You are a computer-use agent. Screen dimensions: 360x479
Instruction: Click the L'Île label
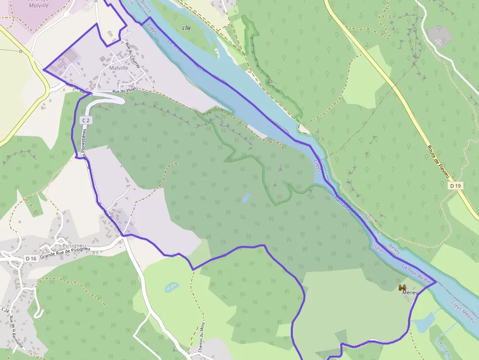coord(186,28)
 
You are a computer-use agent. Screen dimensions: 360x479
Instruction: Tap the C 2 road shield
coord(86,120)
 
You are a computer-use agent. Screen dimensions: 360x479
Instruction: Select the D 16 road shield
coord(31,258)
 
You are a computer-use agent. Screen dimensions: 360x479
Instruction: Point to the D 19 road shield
coord(456,186)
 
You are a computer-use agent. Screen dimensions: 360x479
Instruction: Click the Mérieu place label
coord(411,293)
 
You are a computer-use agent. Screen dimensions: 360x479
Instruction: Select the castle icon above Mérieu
coord(403,288)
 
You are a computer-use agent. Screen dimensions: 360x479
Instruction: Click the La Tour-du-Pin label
coord(417,274)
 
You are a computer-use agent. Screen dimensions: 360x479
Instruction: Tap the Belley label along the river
coord(394,249)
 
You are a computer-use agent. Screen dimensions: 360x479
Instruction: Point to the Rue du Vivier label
coord(123,91)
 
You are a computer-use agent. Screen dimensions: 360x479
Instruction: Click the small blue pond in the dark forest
coord(245,198)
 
